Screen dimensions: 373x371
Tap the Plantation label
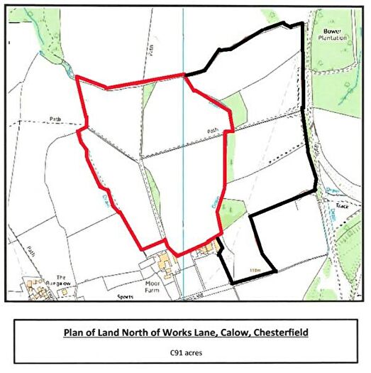(333, 38)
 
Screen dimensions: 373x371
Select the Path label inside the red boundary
(212, 131)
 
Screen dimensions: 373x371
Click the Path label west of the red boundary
(55, 119)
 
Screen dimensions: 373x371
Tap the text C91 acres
(185, 351)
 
